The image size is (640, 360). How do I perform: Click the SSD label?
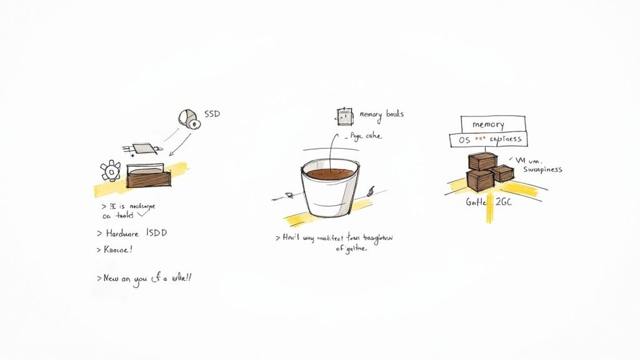(212, 115)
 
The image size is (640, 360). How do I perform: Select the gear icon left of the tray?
(111, 171)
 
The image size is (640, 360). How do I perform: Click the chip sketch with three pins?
(144, 149)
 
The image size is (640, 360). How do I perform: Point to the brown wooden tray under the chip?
(147, 178)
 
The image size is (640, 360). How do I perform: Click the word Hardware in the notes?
(123, 233)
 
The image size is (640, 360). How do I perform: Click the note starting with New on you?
(144, 278)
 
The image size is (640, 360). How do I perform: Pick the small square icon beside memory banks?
(344, 115)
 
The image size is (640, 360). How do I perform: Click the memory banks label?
(381, 114)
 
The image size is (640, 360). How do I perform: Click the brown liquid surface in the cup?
(330, 172)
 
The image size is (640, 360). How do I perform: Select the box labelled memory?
(493, 124)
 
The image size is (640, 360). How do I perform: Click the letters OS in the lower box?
(464, 139)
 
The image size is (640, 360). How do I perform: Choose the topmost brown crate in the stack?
(482, 161)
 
